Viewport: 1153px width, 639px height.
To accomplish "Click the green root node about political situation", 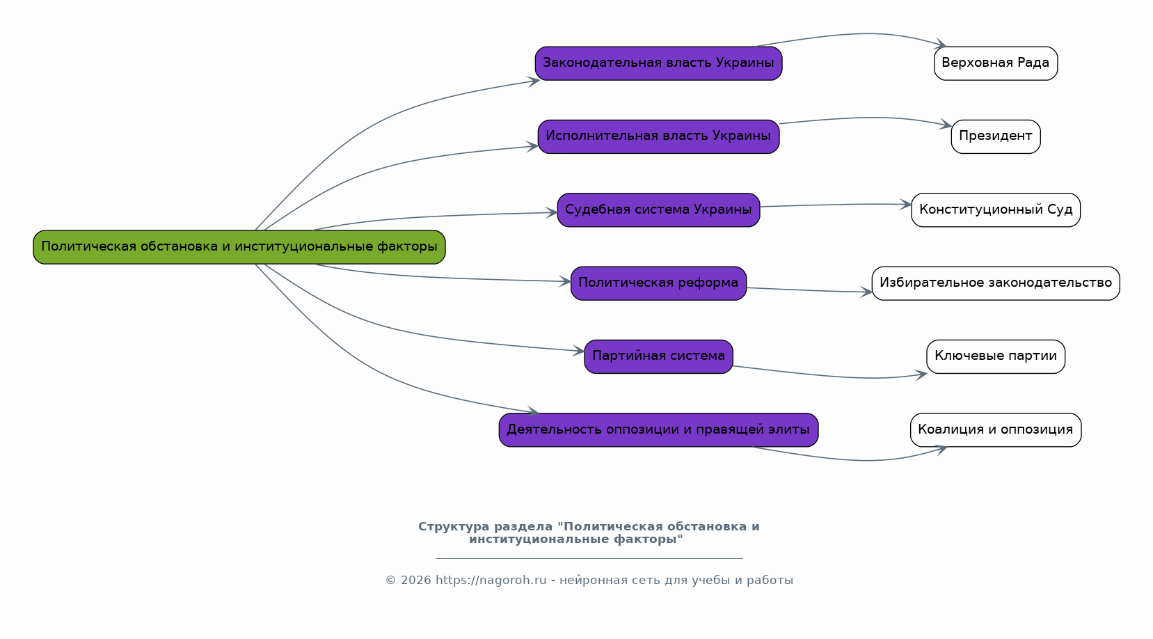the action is pos(239,247).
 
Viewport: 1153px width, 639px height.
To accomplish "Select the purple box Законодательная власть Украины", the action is pos(658,63).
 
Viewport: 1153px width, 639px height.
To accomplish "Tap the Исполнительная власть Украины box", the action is pos(658,137).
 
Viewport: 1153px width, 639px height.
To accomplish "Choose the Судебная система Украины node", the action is pos(658,210).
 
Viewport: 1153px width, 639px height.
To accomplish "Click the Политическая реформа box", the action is pos(658,283).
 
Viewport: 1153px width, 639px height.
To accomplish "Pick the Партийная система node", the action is pos(658,357).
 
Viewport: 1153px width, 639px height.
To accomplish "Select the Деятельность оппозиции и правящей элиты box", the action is pos(658,430).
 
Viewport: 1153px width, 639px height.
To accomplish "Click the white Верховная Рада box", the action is pos(996,63).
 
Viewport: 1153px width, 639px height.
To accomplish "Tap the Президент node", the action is pos(996,137).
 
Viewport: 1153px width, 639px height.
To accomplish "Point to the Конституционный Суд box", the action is pos(996,210).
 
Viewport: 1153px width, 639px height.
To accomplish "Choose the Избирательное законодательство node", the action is pos(996,283).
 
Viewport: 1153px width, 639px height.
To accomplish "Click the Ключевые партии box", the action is pos(996,357).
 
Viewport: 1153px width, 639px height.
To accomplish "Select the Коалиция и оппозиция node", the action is pos(996,430).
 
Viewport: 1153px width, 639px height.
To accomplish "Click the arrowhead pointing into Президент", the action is pos(946,124).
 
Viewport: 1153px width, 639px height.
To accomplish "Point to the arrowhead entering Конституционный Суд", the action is pos(906,205).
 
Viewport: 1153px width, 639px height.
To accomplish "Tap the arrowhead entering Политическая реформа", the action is pos(565,281).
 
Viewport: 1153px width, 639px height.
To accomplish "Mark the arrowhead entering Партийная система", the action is pos(578,351).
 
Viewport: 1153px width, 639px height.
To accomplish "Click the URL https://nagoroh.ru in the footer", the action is pos(491,581).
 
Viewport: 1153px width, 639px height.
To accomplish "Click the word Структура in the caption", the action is pos(454,527).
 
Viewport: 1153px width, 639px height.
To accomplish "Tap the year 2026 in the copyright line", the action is pos(416,581).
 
